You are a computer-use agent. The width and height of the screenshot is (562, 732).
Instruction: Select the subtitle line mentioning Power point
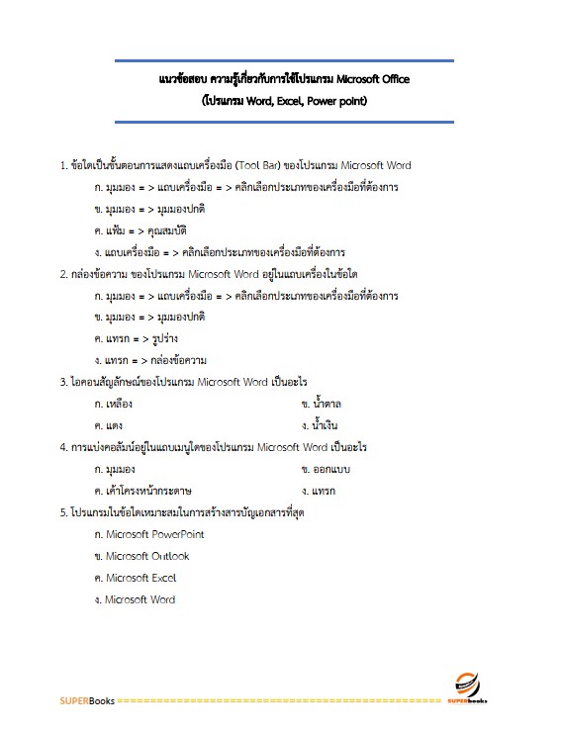click(283, 101)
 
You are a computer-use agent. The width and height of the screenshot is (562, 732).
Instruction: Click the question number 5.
click(63, 512)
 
